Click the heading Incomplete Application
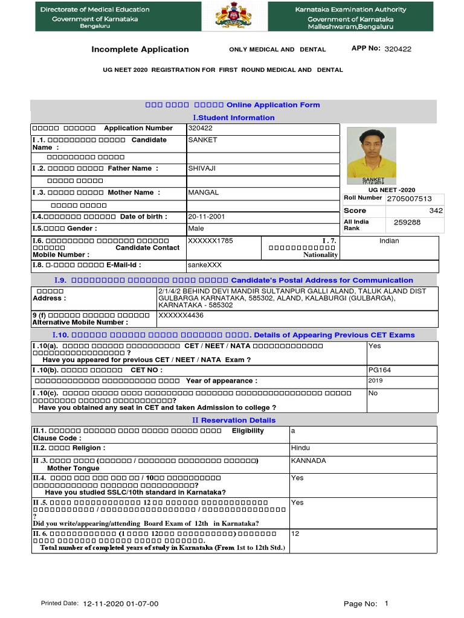140,49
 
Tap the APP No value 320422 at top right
398,49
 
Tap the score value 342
436,211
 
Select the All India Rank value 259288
407,223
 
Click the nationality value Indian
389,241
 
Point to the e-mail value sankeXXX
201,265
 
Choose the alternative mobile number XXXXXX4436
181,315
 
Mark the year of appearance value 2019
375,381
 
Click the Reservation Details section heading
233,420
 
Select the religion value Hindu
300,448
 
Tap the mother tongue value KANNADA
308,461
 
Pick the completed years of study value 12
295,534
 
